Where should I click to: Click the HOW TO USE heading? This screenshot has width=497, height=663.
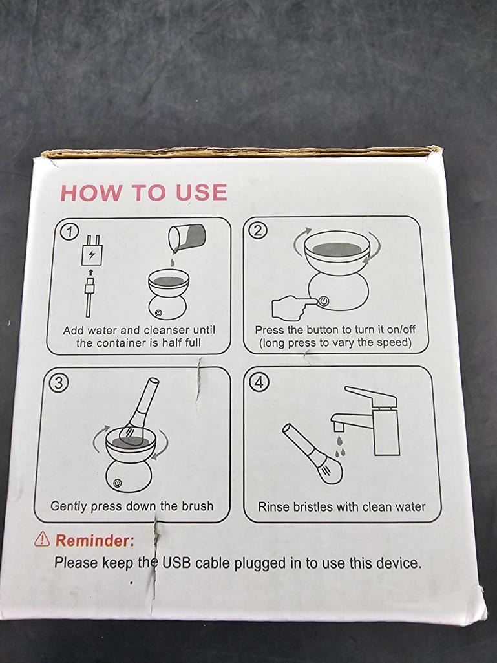(143, 192)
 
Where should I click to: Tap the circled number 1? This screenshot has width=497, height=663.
(70, 232)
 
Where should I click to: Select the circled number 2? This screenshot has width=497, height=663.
(259, 230)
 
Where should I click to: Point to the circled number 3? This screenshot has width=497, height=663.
(59, 383)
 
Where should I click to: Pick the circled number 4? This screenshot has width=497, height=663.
(259, 382)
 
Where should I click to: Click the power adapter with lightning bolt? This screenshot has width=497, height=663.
(91, 250)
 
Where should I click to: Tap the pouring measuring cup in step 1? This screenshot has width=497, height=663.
(186, 239)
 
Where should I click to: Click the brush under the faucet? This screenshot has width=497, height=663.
(313, 455)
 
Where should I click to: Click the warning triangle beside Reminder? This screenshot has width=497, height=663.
(42, 539)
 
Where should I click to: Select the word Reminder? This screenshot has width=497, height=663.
(94, 540)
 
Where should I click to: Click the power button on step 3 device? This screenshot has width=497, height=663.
(118, 483)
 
